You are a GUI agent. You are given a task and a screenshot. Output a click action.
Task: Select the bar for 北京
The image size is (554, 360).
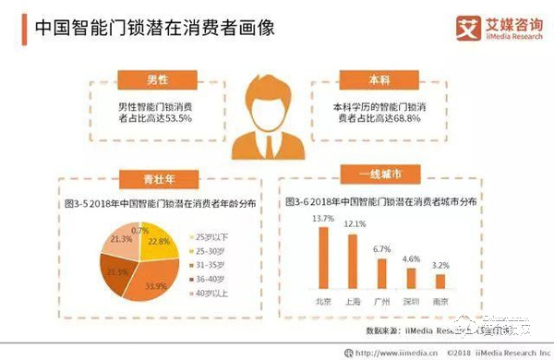pyautogui.click(x=323, y=258)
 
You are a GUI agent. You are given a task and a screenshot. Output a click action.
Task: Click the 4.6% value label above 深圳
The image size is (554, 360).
pyautogui.click(x=412, y=259)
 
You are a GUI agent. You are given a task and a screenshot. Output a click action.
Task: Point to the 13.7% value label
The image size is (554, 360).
pyautogui.click(x=323, y=218)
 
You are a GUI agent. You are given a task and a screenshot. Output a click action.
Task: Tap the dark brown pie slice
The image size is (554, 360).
pyautogui.click(x=114, y=275)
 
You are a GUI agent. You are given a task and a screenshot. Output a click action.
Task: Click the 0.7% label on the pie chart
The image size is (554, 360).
pyautogui.click(x=139, y=229)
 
